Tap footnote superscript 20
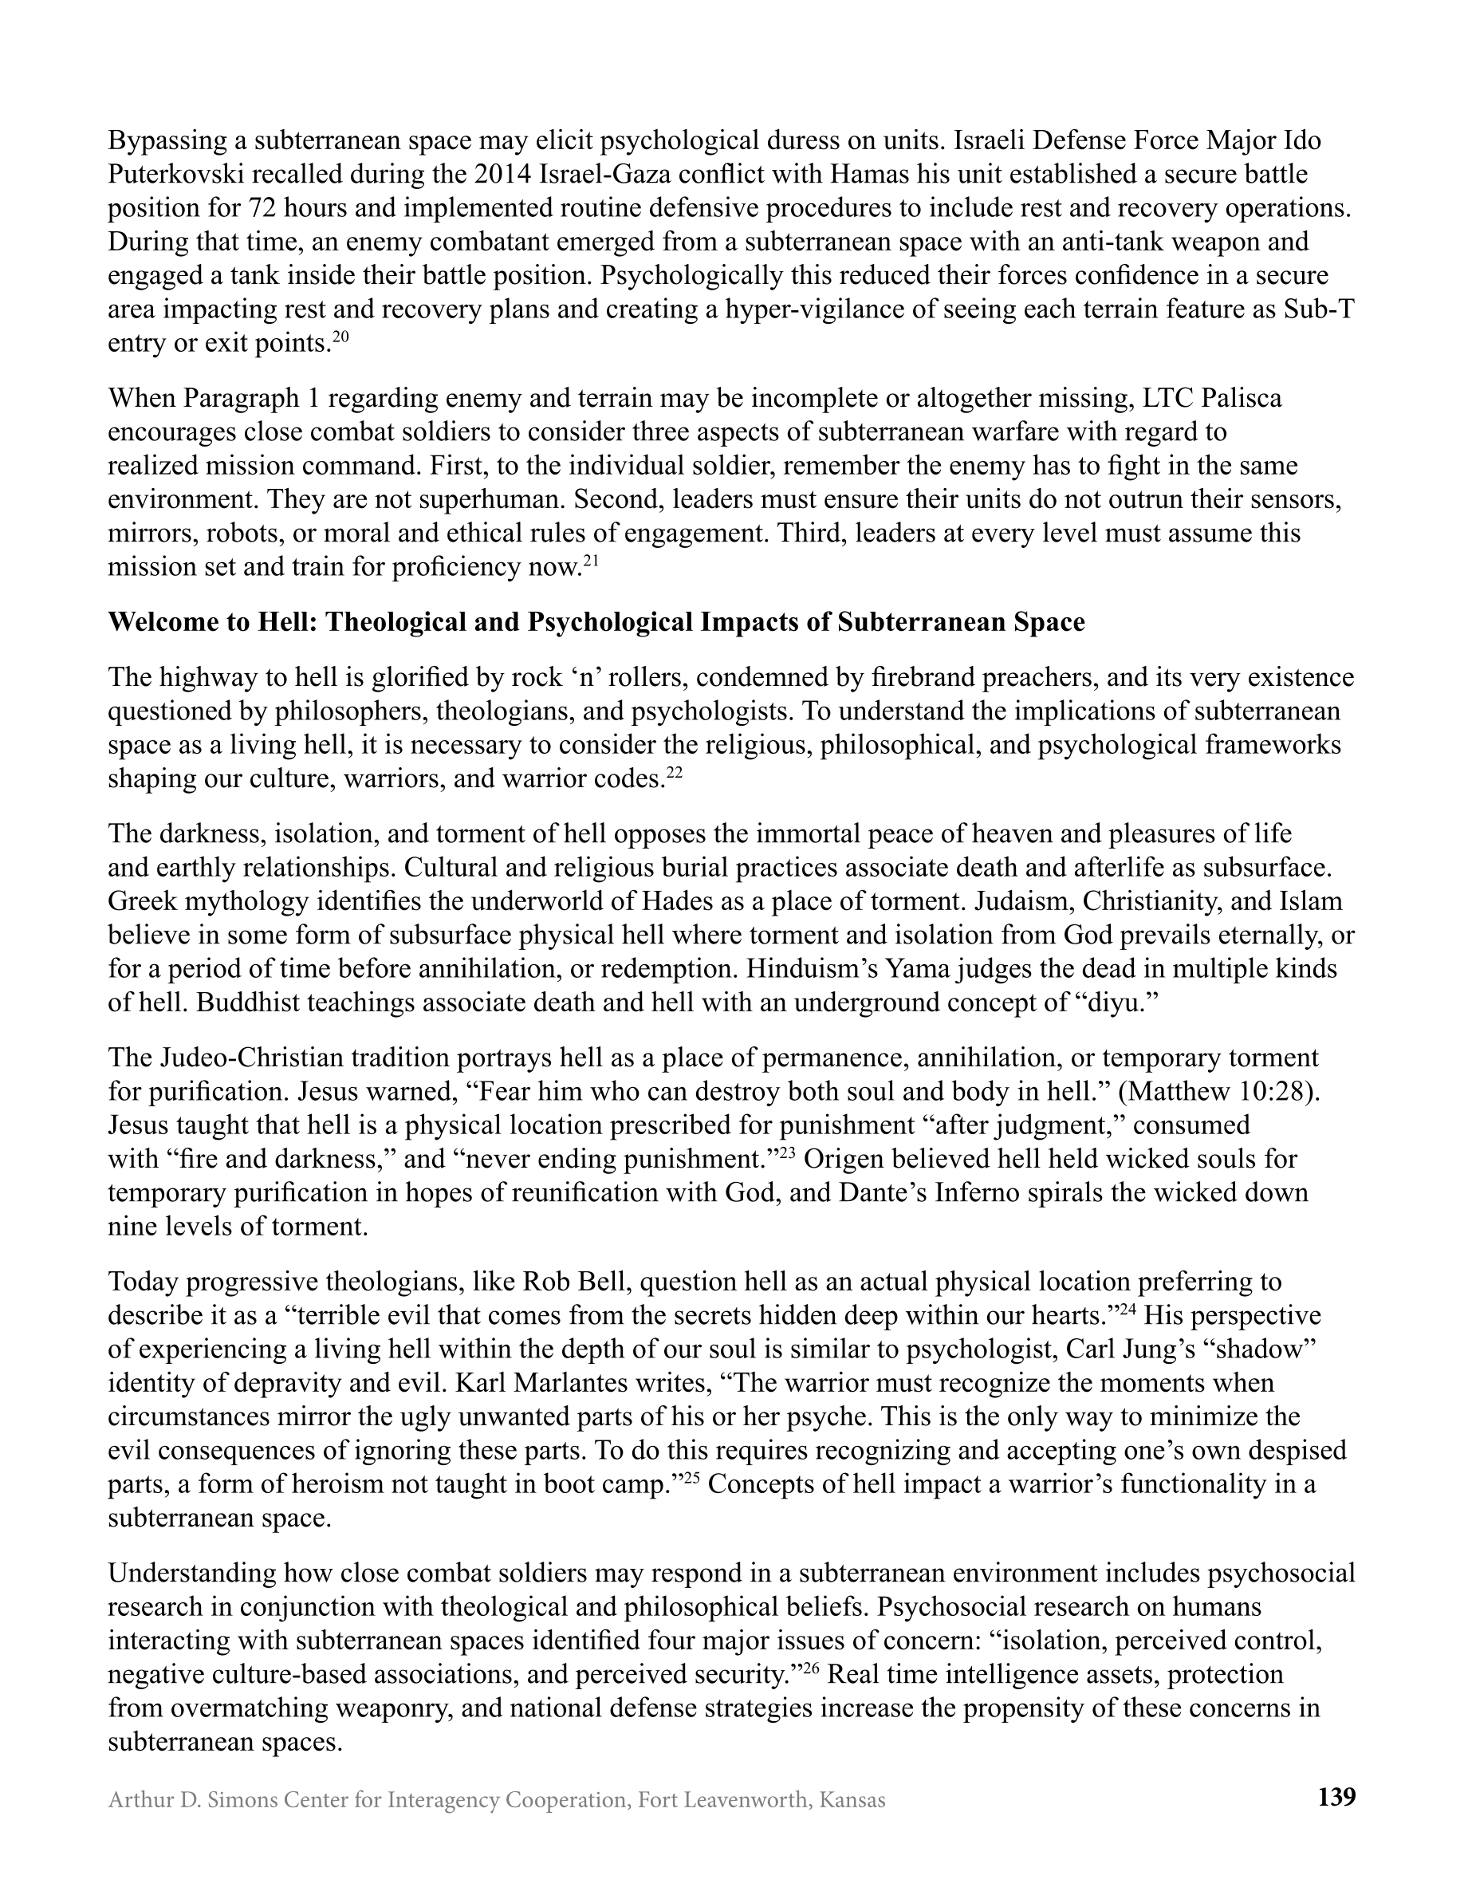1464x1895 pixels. coord(340,337)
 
